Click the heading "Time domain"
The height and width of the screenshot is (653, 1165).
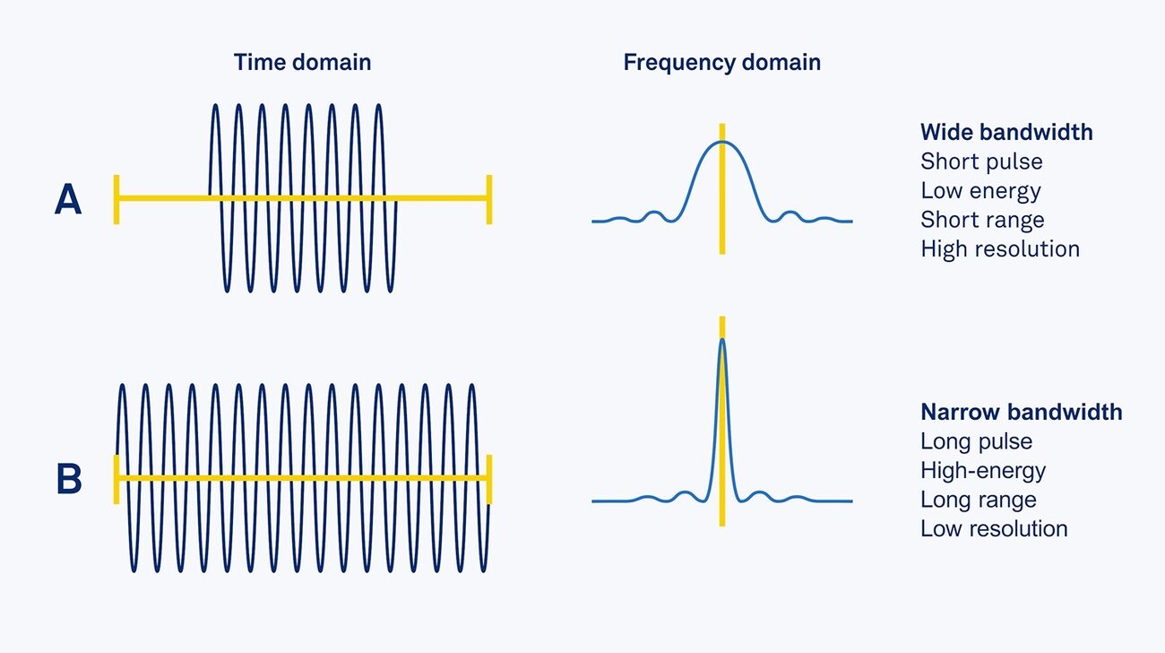(302, 62)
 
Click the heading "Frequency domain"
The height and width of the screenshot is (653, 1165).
(721, 62)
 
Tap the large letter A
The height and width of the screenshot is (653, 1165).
(68, 199)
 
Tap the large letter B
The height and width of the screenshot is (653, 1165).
(69, 479)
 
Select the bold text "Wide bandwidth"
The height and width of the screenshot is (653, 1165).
(1006, 133)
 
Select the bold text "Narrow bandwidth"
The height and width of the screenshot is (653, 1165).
(1021, 413)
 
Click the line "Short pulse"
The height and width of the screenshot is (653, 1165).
(981, 162)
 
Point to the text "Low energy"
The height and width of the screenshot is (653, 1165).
(980, 191)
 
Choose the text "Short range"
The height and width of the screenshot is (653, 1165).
(982, 220)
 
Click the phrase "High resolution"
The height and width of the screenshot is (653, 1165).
(999, 248)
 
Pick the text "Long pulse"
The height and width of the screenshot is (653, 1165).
(976, 441)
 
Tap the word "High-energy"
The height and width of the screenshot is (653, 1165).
(983, 471)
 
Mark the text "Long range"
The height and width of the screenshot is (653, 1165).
(978, 500)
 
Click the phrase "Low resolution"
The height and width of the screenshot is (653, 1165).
(994, 528)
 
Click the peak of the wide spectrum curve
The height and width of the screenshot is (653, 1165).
(722, 142)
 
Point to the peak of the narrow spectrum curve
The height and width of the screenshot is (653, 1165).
(722, 339)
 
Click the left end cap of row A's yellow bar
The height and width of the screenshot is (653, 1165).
(116, 199)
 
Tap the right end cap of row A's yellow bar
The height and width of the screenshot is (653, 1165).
(488, 199)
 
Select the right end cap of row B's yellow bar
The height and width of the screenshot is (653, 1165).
(488, 479)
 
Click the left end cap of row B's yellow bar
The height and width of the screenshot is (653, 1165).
(116, 479)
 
